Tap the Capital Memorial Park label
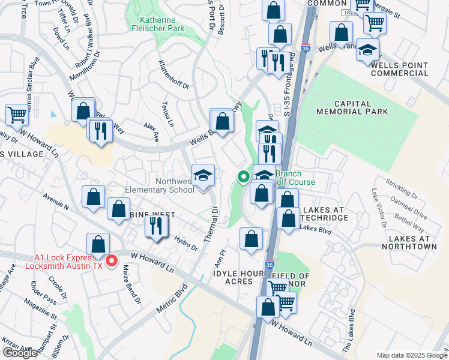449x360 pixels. pos(352,107)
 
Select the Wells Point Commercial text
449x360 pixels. pos(400,68)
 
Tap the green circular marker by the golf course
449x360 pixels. pos(243,177)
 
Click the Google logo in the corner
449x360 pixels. pos(20,353)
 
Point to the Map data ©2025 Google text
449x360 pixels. pos(411,355)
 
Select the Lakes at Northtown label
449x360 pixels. pos(408,242)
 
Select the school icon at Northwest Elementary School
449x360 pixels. pos(203,175)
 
